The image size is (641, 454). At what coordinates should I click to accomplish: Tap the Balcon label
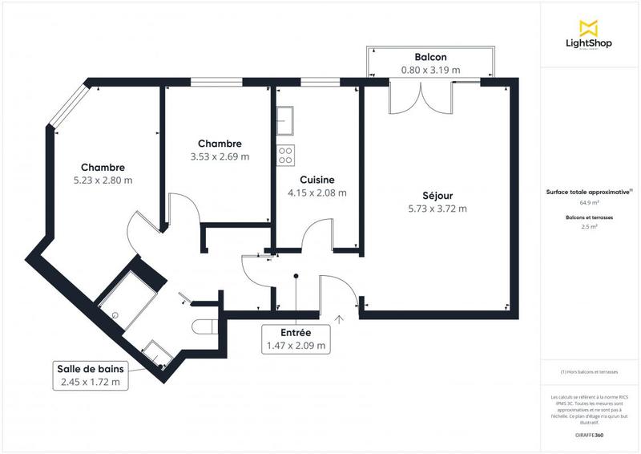[430, 58]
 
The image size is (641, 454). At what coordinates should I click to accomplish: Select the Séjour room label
[438, 196]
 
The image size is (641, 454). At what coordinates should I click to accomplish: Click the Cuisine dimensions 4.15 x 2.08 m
[317, 193]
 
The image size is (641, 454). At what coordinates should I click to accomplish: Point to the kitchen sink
[285, 121]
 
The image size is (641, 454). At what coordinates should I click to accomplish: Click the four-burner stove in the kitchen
[285, 154]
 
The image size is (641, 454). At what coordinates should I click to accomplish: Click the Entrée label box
[296, 339]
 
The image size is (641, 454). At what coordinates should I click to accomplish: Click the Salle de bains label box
[91, 375]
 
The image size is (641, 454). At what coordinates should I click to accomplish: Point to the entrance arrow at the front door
[339, 319]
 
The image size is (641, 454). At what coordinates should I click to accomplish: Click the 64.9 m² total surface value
[590, 203]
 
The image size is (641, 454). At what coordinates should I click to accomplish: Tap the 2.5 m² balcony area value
[590, 227]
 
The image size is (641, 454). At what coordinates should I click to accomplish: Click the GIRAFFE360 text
[590, 433]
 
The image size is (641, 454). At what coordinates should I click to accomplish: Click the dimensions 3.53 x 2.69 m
[220, 156]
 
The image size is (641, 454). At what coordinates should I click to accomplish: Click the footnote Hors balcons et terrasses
[590, 372]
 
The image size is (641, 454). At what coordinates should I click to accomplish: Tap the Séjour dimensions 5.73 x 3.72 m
[438, 209]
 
